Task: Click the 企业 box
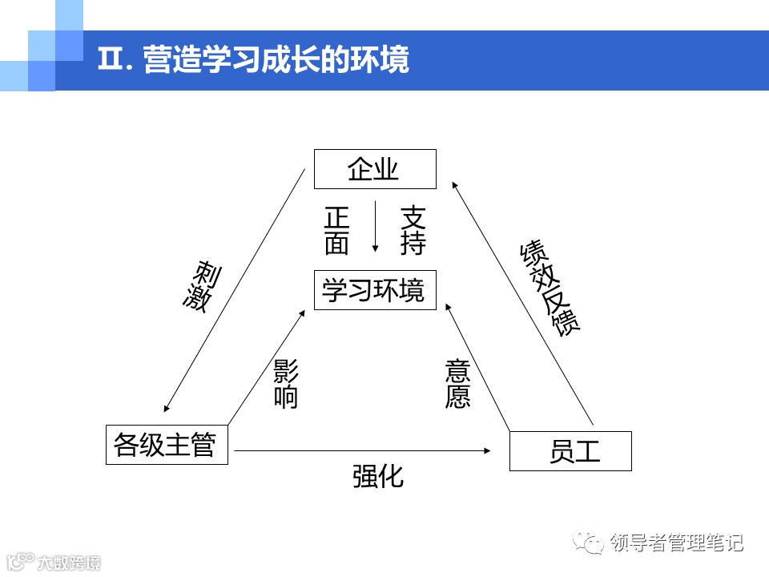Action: click(x=375, y=169)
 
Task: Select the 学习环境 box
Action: click(x=375, y=290)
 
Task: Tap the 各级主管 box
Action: click(x=167, y=444)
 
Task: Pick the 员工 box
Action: click(x=570, y=450)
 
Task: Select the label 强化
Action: click(x=377, y=476)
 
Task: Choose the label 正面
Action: click(x=337, y=231)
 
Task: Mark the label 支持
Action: click(x=413, y=231)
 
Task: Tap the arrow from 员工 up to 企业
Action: click(x=522, y=301)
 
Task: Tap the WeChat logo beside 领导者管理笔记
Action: click(x=594, y=544)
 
